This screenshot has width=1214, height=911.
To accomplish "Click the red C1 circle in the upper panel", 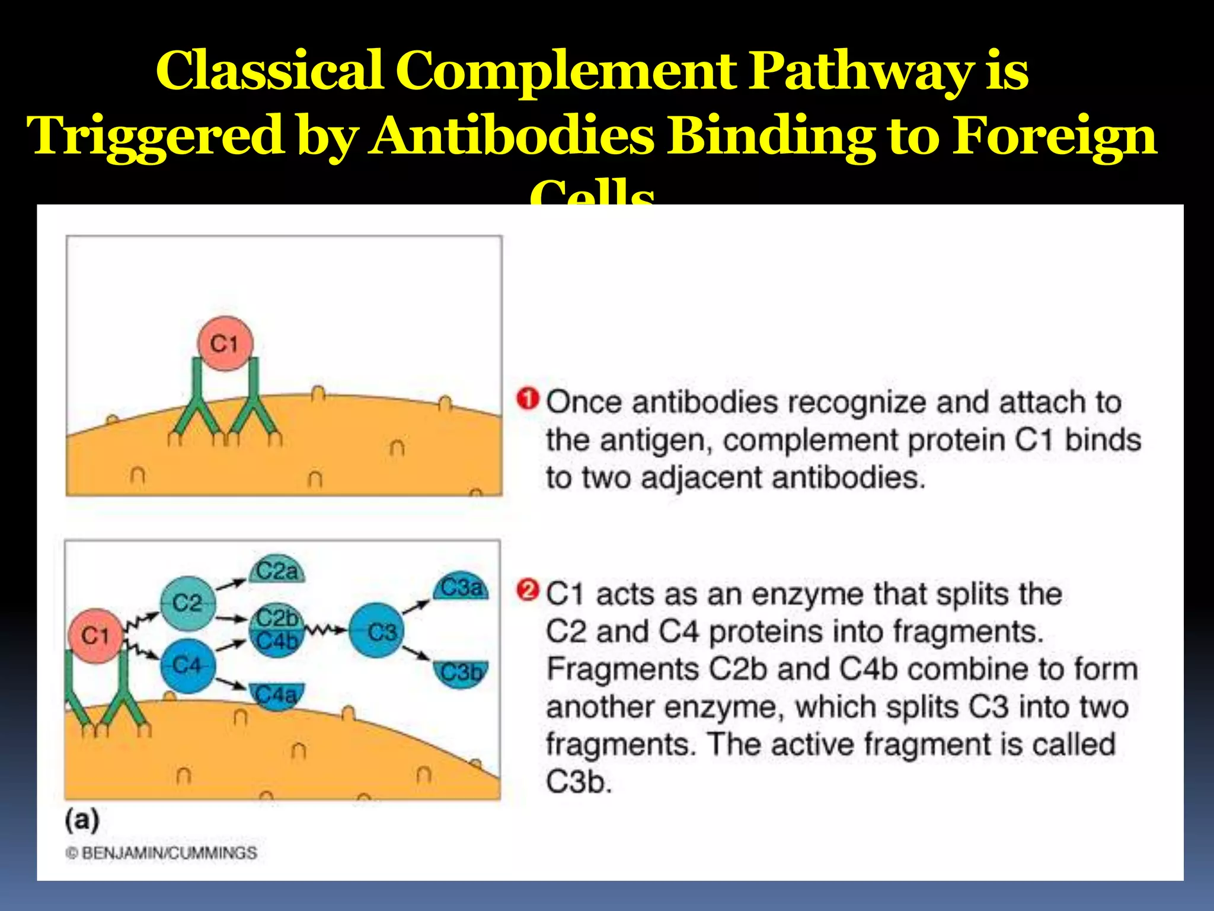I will [225, 343].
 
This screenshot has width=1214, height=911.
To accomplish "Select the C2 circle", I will [188, 603].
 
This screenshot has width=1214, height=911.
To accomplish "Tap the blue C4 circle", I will [187, 665].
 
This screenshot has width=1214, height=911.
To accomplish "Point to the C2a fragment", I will [276, 572].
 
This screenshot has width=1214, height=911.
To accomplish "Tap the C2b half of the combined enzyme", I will [277, 618].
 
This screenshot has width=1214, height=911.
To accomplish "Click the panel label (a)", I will [82, 820].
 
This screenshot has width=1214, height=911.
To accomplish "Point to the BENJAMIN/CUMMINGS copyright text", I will [161, 853].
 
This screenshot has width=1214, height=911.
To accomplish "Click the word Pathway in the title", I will [860, 71].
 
